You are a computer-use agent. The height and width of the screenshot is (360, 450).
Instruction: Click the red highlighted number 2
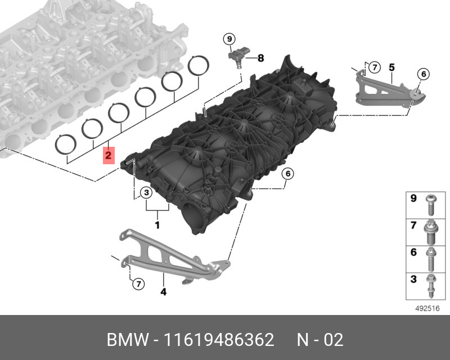[x=109, y=156]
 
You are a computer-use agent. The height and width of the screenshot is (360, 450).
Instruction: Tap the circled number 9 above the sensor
[x=229, y=39]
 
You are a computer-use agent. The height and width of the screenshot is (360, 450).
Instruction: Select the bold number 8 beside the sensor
[x=260, y=58]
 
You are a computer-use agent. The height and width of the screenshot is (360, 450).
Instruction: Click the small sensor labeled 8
[x=238, y=57]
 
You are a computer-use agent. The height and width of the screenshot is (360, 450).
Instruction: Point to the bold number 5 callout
[x=391, y=67]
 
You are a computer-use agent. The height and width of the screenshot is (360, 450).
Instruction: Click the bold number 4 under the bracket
[x=163, y=292]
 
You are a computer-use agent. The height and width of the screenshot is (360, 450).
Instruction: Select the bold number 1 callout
[x=157, y=225]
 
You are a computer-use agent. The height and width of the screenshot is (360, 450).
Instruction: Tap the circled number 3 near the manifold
[x=146, y=192]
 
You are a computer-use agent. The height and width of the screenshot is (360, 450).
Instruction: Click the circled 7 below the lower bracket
[x=138, y=284]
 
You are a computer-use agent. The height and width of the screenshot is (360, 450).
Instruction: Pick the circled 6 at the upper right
[x=424, y=74]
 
